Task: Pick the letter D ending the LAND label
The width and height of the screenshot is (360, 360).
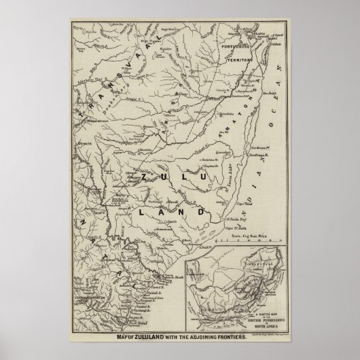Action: (201, 213)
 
